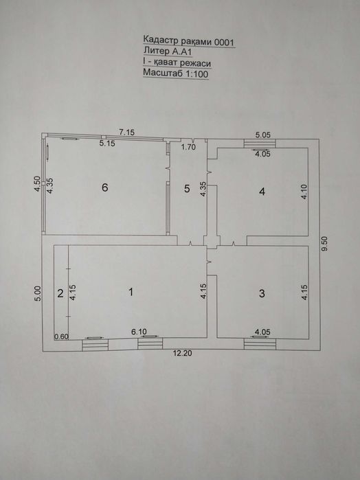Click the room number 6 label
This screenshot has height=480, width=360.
point(105,187)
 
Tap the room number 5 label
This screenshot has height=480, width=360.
point(187,189)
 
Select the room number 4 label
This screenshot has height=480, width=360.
point(262,192)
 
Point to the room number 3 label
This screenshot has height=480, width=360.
point(262,294)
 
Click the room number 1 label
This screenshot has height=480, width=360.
point(131,292)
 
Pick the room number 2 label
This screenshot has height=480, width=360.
point(60,293)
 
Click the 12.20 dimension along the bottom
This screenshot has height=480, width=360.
point(182,353)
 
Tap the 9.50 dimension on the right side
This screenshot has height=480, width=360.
point(325,244)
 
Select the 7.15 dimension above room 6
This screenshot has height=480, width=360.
point(127,133)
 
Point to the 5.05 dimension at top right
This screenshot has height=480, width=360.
point(263,135)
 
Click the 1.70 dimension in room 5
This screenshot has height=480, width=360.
point(188,147)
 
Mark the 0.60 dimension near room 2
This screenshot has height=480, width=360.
point(61,336)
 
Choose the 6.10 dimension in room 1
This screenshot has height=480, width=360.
point(139,332)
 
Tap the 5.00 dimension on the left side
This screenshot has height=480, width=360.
point(37,294)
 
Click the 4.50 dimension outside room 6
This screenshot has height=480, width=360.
point(37,184)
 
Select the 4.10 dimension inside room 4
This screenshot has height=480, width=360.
point(304,192)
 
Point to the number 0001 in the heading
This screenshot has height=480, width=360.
point(224,43)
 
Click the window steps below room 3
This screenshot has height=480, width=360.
point(260,344)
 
